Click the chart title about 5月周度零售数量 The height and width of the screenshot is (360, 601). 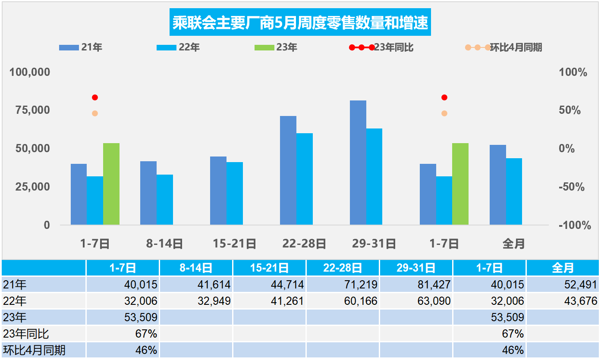(x=300, y=23)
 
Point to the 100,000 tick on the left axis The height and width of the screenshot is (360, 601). (x=30, y=72)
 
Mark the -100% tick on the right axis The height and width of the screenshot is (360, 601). (x=574, y=225)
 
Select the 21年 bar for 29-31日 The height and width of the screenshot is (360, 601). (x=358, y=163)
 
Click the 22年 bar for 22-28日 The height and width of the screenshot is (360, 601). (x=304, y=179)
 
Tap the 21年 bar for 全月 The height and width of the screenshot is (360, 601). (x=497, y=185)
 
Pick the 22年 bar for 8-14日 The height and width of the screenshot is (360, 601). (x=164, y=200)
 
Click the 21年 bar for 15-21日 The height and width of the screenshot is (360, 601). (x=218, y=191)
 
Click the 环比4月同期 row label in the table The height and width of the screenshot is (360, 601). (x=35, y=350)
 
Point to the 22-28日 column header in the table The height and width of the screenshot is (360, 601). (x=343, y=268)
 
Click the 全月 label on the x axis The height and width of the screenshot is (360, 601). (x=513, y=244)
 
